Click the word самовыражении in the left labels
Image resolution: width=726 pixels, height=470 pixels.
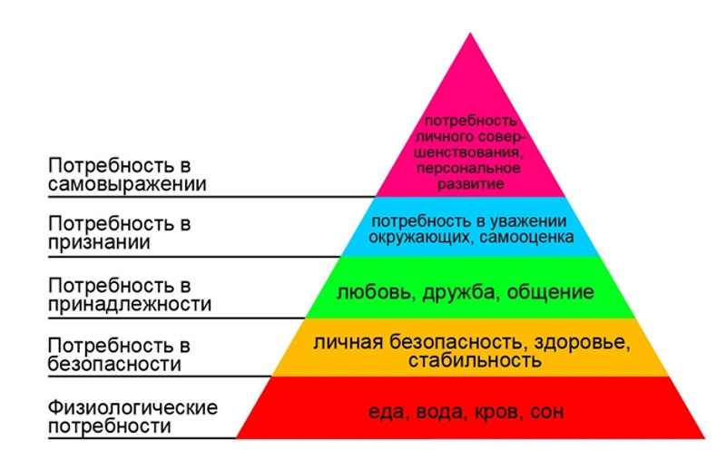(x=127, y=185)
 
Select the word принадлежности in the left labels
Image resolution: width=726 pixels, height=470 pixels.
(x=130, y=305)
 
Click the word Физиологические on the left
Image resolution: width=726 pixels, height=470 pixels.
(x=132, y=407)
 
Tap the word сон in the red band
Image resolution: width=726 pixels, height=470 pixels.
(x=547, y=412)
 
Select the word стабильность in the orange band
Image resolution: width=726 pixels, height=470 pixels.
(x=475, y=360)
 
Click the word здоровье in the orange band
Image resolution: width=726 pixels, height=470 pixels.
(x=582, y=343)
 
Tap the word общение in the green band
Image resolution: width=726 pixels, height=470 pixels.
(x=551, y=293)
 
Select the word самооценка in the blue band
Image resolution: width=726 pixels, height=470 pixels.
(x=527, y=238)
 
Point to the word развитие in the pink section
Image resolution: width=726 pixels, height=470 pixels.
(x=471, y=184)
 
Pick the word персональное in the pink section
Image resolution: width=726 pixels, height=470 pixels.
(x=468, y=168)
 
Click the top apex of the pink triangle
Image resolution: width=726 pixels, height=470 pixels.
(x=470, y=33)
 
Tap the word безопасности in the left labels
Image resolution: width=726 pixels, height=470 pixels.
(x=114, y=365)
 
